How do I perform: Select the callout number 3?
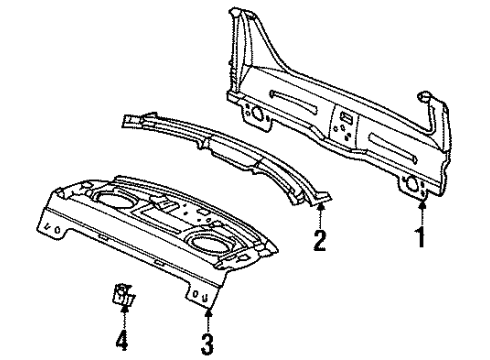click(208, 345)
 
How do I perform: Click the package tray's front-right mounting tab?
click(204, 296)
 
